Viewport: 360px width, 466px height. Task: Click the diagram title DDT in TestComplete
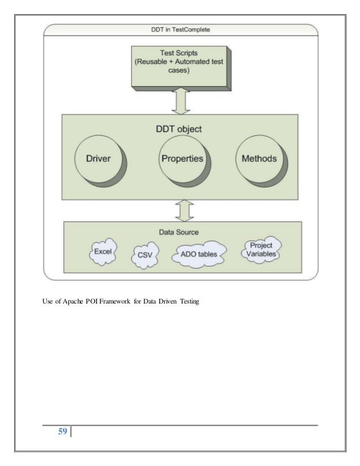[181, 29]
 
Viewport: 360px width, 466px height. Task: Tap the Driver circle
[99, 159]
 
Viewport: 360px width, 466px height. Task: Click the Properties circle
[182, 159]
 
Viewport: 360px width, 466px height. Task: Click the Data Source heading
[182, 232]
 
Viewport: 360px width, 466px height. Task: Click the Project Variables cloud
[261, 250]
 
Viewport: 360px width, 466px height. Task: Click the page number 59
[62, 432]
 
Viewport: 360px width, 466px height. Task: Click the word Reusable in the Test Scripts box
[155, 61]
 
